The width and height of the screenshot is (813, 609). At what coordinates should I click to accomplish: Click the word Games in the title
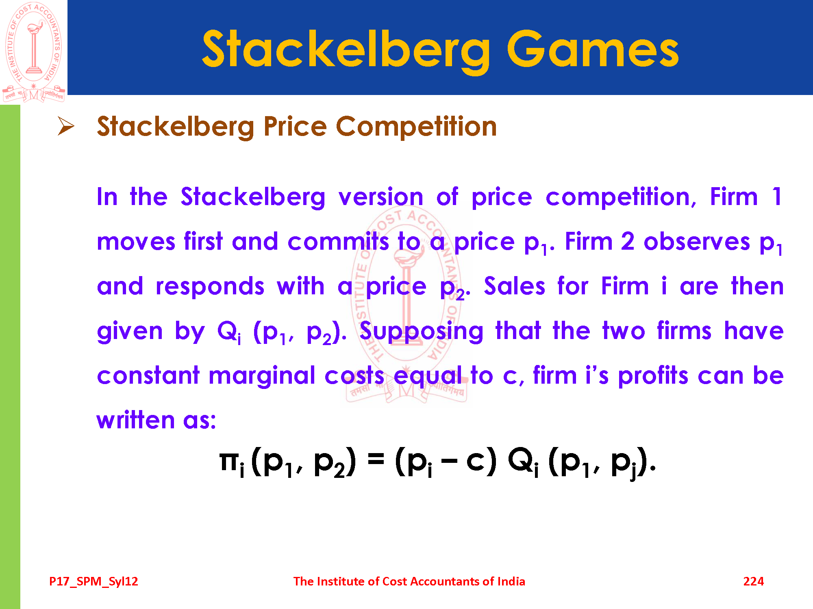coord(593,50)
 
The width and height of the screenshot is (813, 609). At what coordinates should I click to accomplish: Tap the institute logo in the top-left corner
coord(33,52)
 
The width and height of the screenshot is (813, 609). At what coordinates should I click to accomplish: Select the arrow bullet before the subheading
coord(66,126)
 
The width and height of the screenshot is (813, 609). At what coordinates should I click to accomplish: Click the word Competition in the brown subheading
coord(416,127)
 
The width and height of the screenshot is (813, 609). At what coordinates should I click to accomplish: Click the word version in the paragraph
coord(381,197)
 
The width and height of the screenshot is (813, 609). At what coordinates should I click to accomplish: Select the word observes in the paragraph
coord(697,242)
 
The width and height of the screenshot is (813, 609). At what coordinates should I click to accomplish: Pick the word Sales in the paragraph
coord(514,286)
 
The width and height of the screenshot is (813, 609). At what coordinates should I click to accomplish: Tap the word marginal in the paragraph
coord(262,376)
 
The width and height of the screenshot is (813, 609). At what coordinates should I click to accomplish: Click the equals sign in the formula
coord(376,460)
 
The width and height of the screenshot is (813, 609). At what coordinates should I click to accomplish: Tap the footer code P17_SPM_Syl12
coord(93,581)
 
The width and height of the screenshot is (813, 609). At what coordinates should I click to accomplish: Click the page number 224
coord(753,581)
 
